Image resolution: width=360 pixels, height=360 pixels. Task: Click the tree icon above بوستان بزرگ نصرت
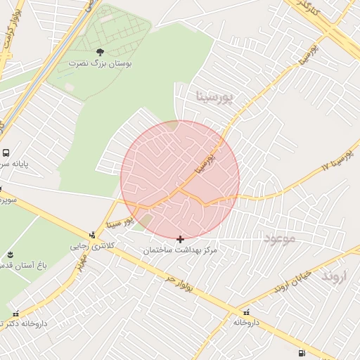(99, 52)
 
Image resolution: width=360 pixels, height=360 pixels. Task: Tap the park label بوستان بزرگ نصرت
(99, 63)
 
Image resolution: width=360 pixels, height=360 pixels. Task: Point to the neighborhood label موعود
(281, 239)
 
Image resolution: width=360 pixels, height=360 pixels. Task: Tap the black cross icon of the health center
(181, 239)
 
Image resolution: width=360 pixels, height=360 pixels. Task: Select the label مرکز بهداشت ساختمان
(181, 250)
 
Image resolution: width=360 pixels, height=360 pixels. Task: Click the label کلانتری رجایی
(89, 247)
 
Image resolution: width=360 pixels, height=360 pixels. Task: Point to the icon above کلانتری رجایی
(92, 235)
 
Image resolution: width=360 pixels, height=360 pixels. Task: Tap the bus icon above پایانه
(6, 153)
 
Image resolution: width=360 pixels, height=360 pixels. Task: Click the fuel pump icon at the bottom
(302, 353)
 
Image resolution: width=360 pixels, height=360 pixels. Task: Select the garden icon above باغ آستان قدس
(10, 255)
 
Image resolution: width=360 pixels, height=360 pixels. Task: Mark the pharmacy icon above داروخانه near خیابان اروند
(246, 311)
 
